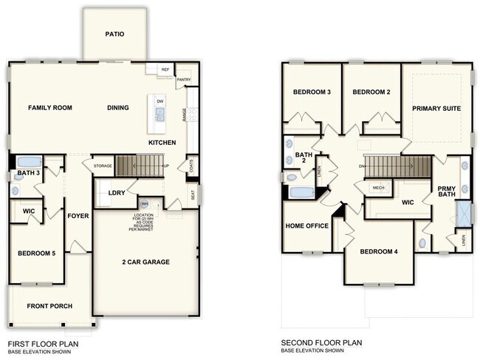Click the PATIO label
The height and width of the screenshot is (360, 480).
point(114,34)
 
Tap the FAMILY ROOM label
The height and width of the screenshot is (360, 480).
point(50,108)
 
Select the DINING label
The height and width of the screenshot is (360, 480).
point(118,108)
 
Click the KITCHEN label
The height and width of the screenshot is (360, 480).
point(162,142)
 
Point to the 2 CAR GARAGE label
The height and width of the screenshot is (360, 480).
point(145,262)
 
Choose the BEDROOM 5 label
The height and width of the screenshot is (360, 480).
point(37,254)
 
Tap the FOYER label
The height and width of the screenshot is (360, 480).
point(78,217)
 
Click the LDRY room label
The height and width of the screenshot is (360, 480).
point(116,193)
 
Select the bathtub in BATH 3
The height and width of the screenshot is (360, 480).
point(28,162)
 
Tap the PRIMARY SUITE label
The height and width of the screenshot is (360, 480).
point(436,109)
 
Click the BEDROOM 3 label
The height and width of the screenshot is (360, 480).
point(311,92)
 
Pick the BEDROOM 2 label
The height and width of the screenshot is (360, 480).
point(371,92)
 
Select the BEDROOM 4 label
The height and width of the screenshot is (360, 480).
point(379,252)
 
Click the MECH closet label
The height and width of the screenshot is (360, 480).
point(378,188)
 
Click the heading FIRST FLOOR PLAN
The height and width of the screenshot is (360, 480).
point(43,344)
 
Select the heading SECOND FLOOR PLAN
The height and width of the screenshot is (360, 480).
point(322,344)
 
